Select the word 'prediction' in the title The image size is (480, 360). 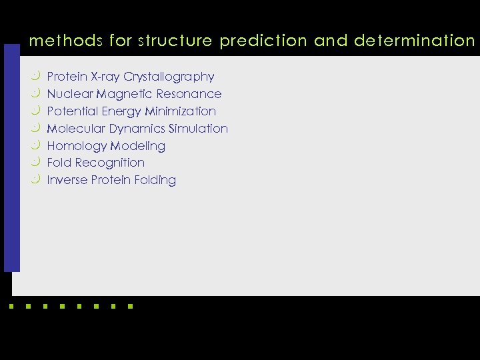tap(263, 41)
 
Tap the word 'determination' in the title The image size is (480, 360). tap(414, 41)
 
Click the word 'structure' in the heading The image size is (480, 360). tap(175, 41)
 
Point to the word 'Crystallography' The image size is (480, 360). tap(169, 77)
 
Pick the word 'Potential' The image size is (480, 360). tap(71, 111)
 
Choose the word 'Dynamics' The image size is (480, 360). tap(137, 129)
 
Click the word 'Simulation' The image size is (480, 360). tap(198, 129)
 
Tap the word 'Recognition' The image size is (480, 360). tap(110, 163)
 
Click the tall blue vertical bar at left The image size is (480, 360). tap(12, 158)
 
